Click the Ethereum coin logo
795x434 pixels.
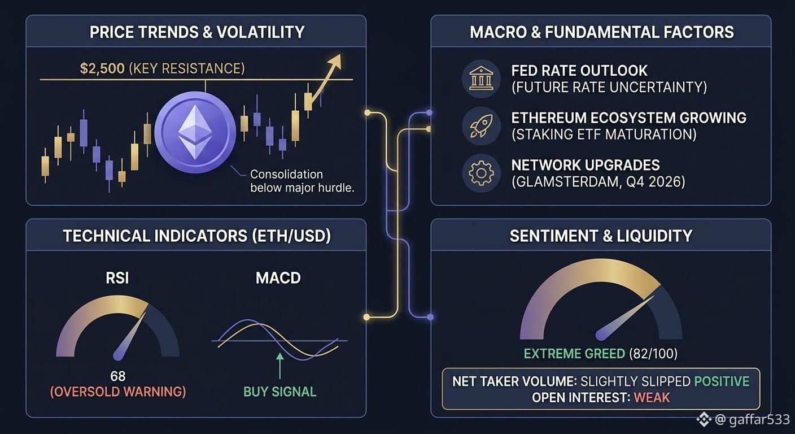pos(195,132)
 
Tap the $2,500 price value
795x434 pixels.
pos(102,68)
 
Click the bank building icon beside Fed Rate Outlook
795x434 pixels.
pos(481,79)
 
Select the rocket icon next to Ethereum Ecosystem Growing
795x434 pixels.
pos(481,126)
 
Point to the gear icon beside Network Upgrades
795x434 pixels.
pos(481,173)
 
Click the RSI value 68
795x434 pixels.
pos(118,376)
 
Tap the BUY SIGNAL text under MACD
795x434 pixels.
pos(279,392)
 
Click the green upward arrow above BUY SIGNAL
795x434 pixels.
pos(280,366)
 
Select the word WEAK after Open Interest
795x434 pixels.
pos(652,398)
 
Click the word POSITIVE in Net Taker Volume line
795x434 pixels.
pos(722,381)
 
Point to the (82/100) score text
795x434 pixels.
pos(653,354)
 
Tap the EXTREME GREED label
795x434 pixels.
pos(574,354)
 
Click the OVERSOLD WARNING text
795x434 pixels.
pos(118,392)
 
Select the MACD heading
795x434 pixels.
pos(278,277)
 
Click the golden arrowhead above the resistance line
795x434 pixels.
pos(335,62)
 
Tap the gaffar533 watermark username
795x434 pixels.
pos(759,420)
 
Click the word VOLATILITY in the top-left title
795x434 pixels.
pos(260,32)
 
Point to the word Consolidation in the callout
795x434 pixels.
pos(286,175)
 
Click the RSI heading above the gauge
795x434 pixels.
pos(117,277)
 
